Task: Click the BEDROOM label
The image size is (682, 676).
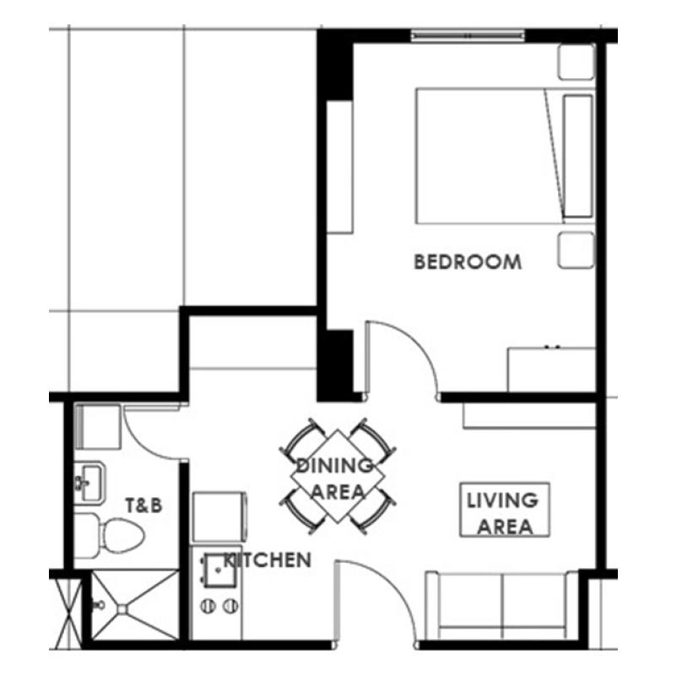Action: pyautogui.click(x=468, y=262)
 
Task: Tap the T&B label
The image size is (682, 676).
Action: pyautogui.click(x=144, y=506)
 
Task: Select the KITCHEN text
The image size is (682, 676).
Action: pyautogui.click(x=267, y=560)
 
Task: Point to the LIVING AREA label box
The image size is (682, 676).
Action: pyautogui.click(x=505, y=510)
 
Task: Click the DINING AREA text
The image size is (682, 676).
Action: pyautogui.click(x=335, y=479)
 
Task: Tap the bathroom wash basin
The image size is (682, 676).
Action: pyautogui.click(x=89, y=483)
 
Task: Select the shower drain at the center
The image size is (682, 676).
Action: pyautogui.click(x=122, y=609)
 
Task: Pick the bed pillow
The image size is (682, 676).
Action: pyautogui.click(x=578, y=156)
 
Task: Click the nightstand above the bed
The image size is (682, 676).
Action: pyautogui.click(x=576, y=62)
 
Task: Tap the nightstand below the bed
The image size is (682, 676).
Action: pyautogui.click(x=576, y=250)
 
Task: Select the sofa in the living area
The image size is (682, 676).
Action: pyautogui.click(x=502, y=605)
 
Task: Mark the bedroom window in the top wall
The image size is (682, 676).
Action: pyautogui.click(x=468, y=35)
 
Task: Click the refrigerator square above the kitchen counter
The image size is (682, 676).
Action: pyautogui.click(x=219, y=517)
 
